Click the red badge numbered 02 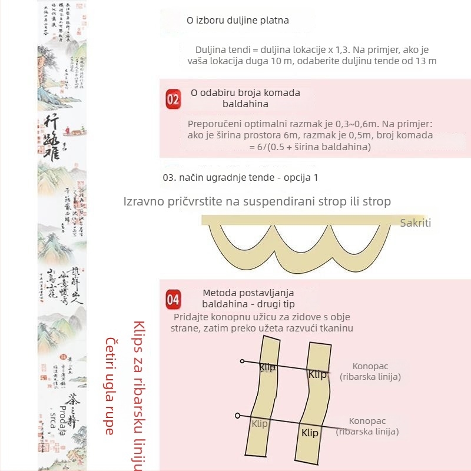[173, 99]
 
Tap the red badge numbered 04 [173, 299]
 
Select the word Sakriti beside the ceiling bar [416, 223]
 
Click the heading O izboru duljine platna [238, 21]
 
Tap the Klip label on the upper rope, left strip [267, 367]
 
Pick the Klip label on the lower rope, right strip [310, 433]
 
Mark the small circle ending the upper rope [242, 360]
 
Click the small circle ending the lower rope [237, 415]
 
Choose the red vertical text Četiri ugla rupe [110, 386]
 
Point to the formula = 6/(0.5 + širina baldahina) [310, 147]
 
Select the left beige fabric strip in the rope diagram [261, 394]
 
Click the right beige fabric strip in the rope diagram [312, 394]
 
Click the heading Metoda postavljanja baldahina [248, 298]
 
